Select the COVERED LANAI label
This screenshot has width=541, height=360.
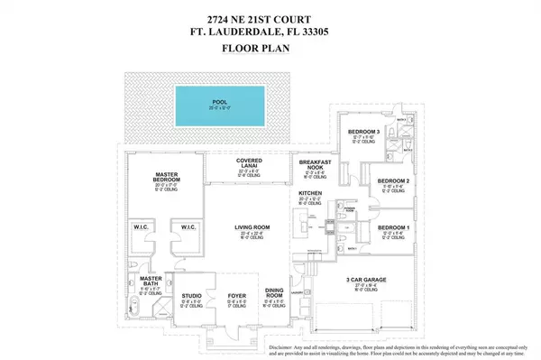[x=250, y=162]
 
